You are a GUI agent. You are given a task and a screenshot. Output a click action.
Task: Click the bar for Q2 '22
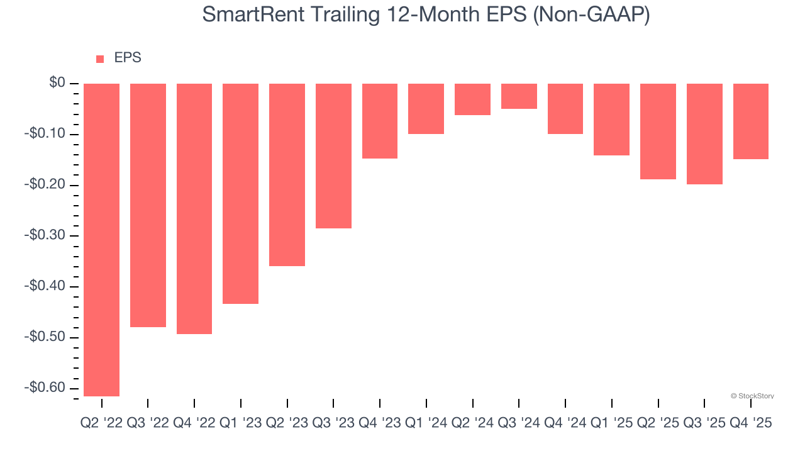pyautogui.click(x=101, y=240)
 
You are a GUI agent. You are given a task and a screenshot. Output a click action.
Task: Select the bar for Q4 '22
pyautogui.click(x=194, y=208)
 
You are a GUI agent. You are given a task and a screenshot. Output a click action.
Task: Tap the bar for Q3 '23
pyautogui.click(x=333, y=155)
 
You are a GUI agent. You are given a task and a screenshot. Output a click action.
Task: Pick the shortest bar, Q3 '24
pyautogui.click(x=519, y=96)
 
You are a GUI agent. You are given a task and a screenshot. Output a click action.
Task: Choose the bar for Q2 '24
pyautogui.click(x=472, y=99)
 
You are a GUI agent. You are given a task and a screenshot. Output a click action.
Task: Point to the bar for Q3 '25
pyautogui.click(x=704, y=134)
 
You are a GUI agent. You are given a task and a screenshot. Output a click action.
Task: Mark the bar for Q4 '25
pyautogui.click(x=751, y=121)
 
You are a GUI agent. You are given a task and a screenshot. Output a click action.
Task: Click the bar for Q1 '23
pyautogui.click(x=240, y=194)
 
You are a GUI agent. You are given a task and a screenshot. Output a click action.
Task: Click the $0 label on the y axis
pyautogui.click(x=57, y=83)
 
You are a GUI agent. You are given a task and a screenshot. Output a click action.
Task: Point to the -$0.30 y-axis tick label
pyautogui.click(x=45, y=235)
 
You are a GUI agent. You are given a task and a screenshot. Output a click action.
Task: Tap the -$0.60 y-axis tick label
pyautogui.click(x=45, y=388)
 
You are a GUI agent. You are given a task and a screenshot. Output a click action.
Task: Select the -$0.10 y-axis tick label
pyautogui.click(x=45, y=134)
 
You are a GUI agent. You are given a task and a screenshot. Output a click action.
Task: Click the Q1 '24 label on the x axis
pyautogui.click(x=426, y=423)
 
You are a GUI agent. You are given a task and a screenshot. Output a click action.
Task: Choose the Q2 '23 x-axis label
pyautogui.click(x=287, y=423)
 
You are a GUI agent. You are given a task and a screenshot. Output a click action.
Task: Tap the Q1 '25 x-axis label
pyautogui.click(x=611, y=423)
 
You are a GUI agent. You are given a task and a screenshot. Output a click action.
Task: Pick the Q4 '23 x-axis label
pyautogui.click(x=379, y=423)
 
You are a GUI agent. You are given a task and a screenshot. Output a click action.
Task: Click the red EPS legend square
pyautogui.click(x=100, y=59)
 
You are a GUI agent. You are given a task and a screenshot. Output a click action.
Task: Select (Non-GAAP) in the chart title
pyautogui.click(x=591, y=14)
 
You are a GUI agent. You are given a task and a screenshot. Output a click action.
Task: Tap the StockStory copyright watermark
pyautogui.click(x=752, y=396)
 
